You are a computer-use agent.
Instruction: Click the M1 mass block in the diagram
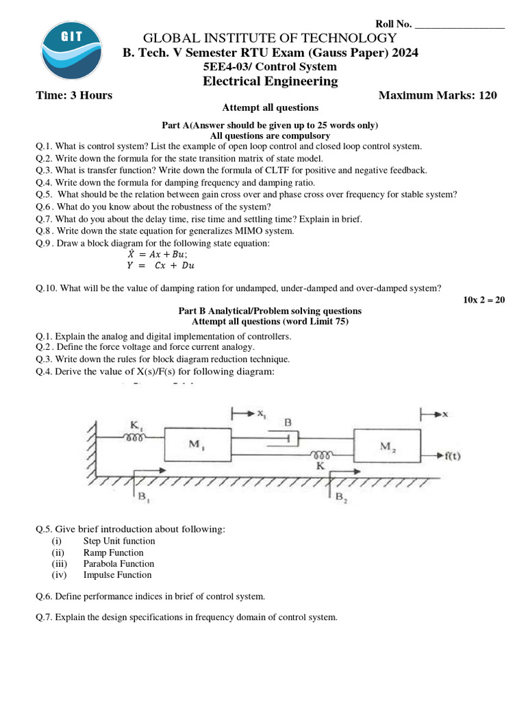tap(194, 445)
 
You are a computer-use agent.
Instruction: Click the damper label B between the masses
tap(288, 423)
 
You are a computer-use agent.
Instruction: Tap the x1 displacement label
tap(262, 414)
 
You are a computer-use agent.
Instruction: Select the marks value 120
tap(488, 95)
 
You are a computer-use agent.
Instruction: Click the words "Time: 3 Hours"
tap(74, 95)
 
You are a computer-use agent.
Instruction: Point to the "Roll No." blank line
tap(460, 25)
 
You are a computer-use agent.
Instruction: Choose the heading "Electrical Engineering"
tap(270, 81)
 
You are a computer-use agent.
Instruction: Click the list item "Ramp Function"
tap(113, 552)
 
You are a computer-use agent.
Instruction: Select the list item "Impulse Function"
tap(117, 574)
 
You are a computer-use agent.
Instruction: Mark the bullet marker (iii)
tap(60, 563)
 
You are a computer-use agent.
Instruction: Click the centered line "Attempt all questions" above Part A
tap(270, 107)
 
